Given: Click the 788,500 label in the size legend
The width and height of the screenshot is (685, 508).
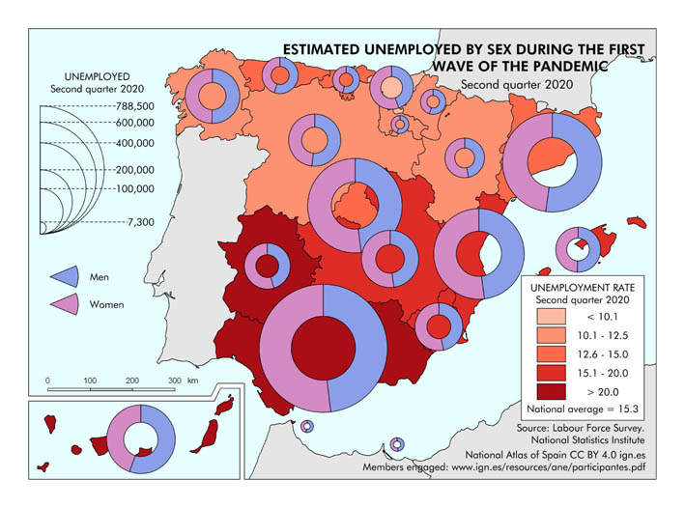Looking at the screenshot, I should [135, 106].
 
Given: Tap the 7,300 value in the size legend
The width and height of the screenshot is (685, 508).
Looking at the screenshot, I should [140, 222].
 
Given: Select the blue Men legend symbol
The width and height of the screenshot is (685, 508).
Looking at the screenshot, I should [59, 277].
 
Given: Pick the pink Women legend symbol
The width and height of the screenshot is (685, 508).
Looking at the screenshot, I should [59, 304].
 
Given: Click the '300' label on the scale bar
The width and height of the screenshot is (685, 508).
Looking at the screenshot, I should [174, 381].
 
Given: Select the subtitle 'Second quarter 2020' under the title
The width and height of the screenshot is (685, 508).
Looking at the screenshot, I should [517, 85].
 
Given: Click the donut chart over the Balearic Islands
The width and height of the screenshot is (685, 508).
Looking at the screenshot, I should [578, 251].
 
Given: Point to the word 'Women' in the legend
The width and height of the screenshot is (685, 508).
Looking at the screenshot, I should [106, 305].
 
